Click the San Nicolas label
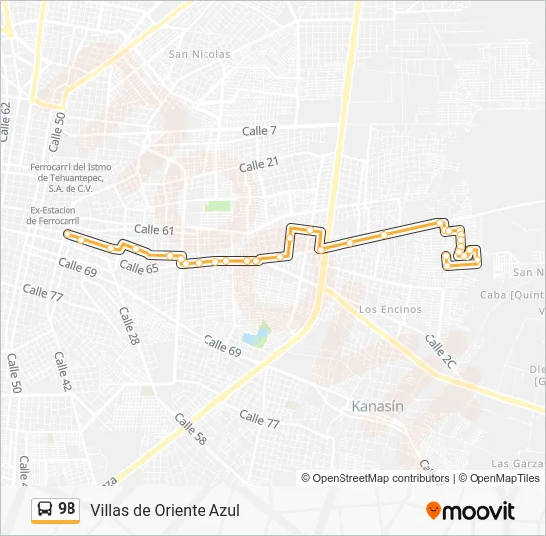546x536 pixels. [200, 54]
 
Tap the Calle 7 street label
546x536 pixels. [259, 131]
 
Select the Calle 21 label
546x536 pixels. [259, 164]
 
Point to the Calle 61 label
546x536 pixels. [154, 230]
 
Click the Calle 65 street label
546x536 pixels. [139, 267]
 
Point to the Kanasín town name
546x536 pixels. [378, 406]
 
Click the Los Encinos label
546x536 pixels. [390, 310]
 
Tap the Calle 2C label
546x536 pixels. [440, 352]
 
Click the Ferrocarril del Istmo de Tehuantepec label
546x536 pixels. [70, 177]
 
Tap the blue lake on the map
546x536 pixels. [256, 335]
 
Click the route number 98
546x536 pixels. [67, 509]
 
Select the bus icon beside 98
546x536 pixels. [45, 510]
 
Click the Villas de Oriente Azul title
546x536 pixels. [165, 510]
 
